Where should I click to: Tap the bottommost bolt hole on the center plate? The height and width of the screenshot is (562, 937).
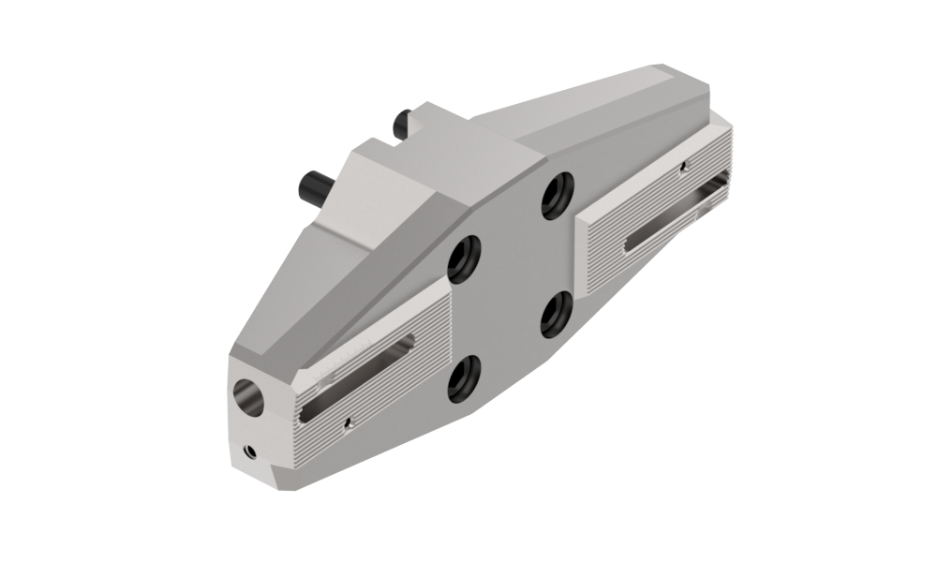464,378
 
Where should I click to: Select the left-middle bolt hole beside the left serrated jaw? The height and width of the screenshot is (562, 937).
465,258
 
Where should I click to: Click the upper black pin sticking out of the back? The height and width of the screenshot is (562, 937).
403,122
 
